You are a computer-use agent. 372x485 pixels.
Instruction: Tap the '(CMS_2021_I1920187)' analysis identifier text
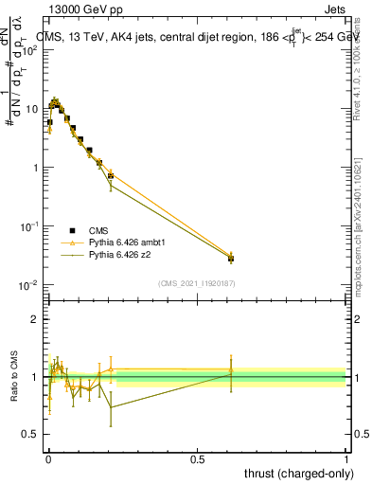pyautogui.click(x=196, y=283)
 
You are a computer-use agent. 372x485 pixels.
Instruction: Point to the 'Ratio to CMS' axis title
pyautogui.click(x=15, y=376)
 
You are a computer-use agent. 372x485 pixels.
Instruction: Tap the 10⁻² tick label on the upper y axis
pyautogui.click(x=30, y=285)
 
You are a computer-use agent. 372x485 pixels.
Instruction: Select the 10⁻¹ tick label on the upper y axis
pyautogui.click(x=30, y=226)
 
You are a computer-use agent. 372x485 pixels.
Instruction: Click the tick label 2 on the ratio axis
pyautogui.click(x=36, y=319)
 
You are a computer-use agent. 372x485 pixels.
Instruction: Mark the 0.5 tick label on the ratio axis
pyautogui.click(x=32, y=435)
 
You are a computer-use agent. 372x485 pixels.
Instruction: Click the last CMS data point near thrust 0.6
pyautogui.click(x=231, y=258)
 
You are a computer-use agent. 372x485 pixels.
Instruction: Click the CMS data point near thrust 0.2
pyautogui.click(x=111, y=176)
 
